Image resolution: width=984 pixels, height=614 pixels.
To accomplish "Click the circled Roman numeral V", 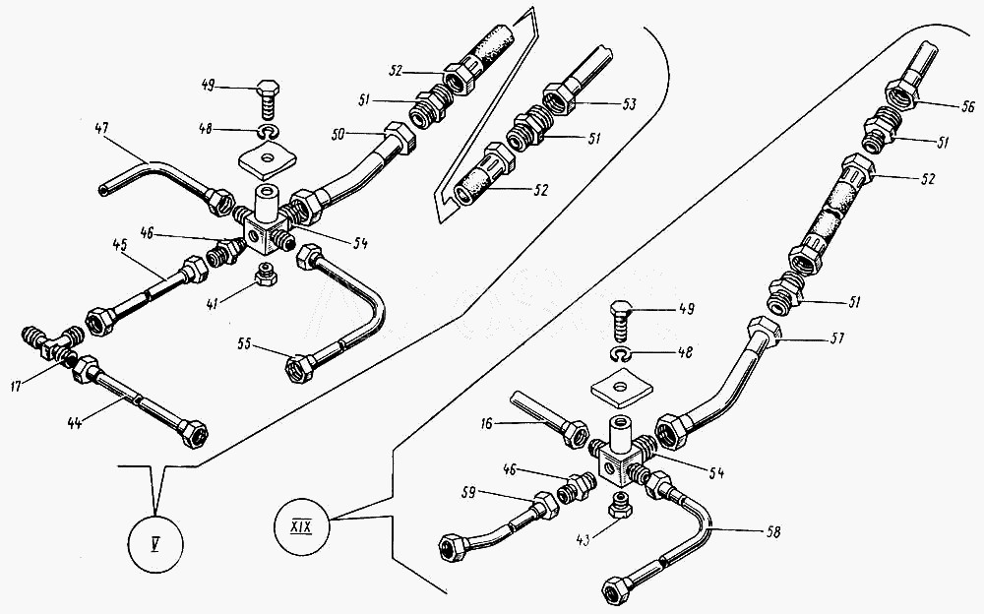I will pyautogui.click(x=155, y=542).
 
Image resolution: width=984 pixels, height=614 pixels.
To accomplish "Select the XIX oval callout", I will pyautogui.click(x=303, y=515).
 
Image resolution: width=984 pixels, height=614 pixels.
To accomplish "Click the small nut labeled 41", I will pyautogui.click(x=264, y=273).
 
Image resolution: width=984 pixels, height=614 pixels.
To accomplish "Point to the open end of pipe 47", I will pyautogui.click(x=104, y=189).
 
